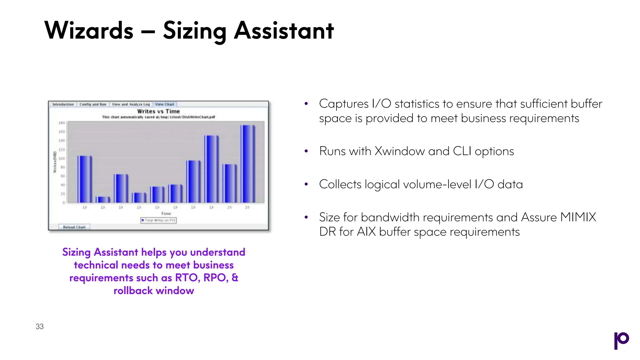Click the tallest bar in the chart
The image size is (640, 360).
click(x=247, y=164)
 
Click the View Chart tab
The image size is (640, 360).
click(x=165, y=104)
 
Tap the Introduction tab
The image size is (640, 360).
click(x=63, y=104)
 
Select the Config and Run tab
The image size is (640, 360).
click(x=93, y=104)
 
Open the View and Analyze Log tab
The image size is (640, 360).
click(x=131, y=104)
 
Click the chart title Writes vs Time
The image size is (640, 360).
click(x=158, y=111)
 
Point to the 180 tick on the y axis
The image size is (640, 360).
click(x=62, y=123)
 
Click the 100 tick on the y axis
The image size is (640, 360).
click(x=62, y=158)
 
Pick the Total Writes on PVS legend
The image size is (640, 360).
click(x=158, y=220)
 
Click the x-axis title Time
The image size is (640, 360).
click(x=166, y=213)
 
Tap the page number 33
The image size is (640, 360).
click(x=40, y=327)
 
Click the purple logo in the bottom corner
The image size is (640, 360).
click(x=621, y=340)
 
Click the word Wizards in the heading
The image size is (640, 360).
click(x=89, y=31)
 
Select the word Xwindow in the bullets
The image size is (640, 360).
click(x=399, y=151)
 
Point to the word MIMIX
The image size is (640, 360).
click(x=578, y=217)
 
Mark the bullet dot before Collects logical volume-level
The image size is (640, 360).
click(x=306, y=184)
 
